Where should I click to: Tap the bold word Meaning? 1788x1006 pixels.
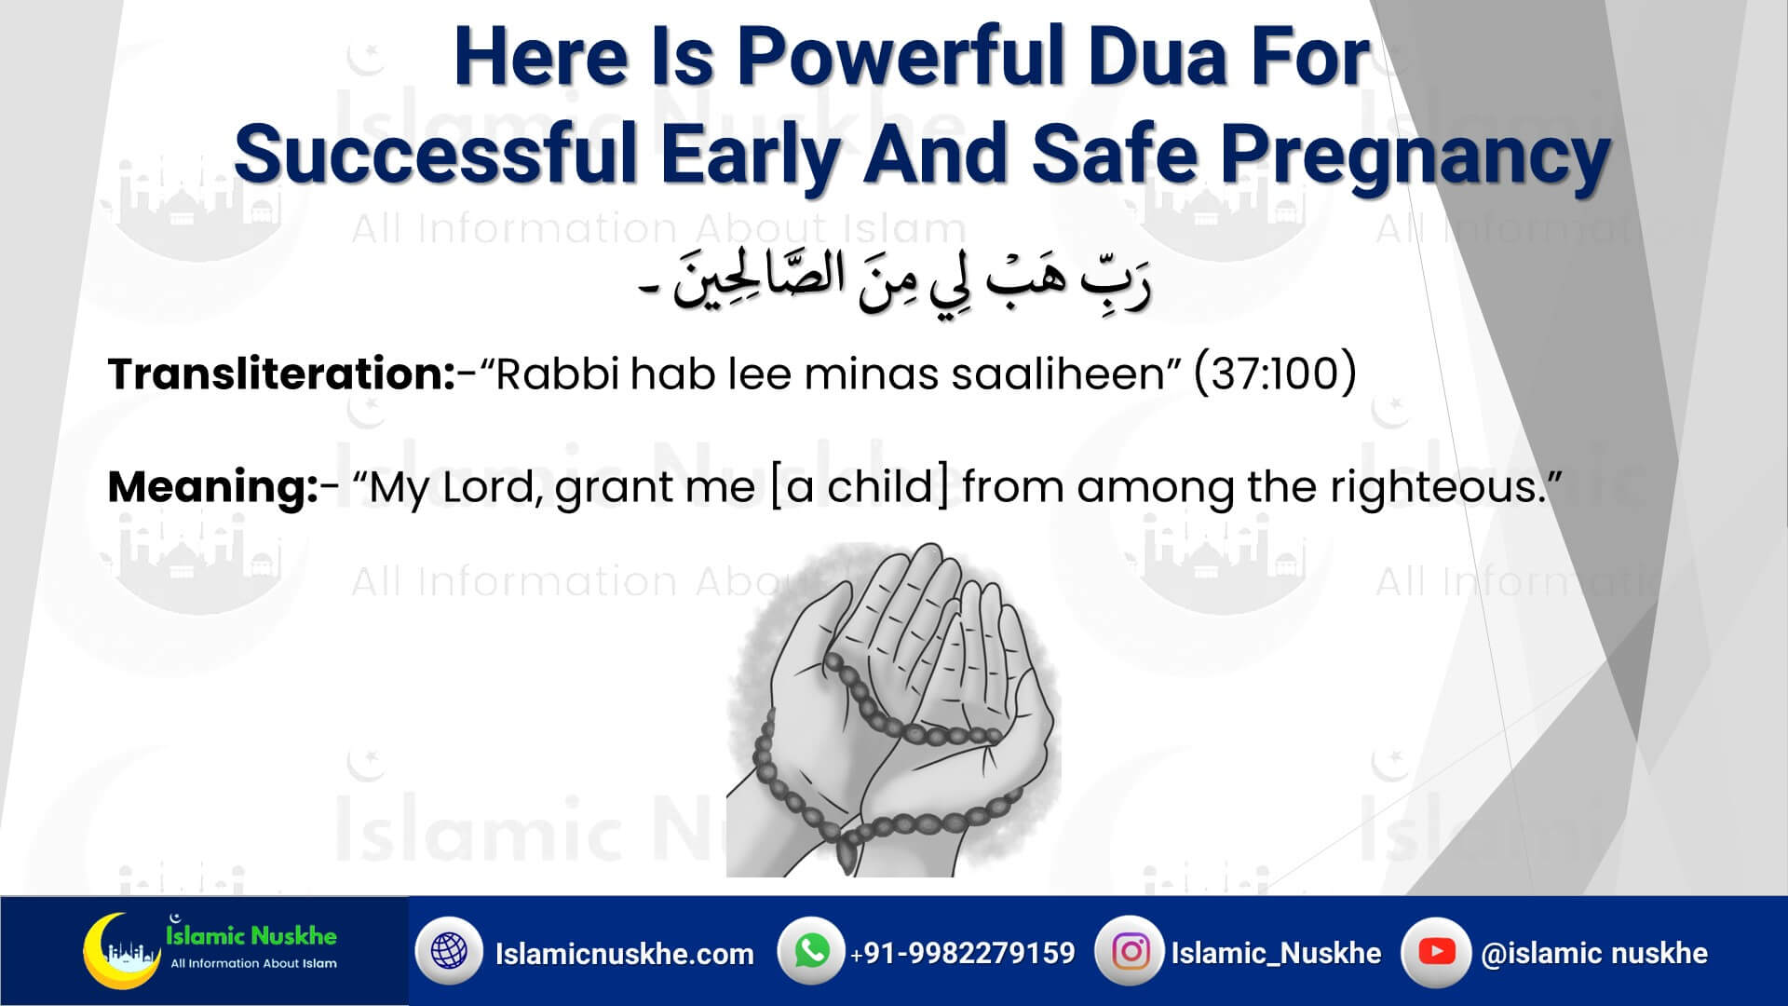(x=213, y=487)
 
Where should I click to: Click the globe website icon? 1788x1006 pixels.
(x=449, y=951)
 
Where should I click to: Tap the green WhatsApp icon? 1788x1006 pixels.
(x=812, y=951)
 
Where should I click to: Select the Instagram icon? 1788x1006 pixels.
(x=1131, y=951)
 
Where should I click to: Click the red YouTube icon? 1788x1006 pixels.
(x=1436, y=951)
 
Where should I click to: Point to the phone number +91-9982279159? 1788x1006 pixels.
(x=962, y=953)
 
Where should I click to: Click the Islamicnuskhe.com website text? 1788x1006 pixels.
(x=624, y=954)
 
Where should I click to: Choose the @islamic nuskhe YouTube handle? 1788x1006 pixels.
(x=1594, y=953)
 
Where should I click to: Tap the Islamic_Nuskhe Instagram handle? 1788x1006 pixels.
(x=1276, y=953)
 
